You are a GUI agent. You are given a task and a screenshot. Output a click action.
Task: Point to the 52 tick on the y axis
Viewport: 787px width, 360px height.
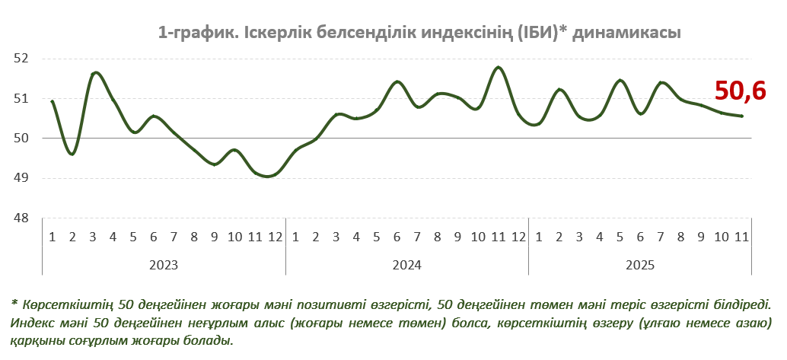click(21, 58)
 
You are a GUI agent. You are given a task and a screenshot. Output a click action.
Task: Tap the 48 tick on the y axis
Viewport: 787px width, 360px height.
click(21, 218)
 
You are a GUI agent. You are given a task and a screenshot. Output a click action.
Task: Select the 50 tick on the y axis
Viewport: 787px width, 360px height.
click(21, 139)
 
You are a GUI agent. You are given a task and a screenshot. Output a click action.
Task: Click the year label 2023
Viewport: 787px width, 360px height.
click(164, 265)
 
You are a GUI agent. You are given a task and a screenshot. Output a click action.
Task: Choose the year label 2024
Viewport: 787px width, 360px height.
click(407, 265)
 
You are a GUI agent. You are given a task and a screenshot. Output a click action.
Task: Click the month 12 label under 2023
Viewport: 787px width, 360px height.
click(275, 237)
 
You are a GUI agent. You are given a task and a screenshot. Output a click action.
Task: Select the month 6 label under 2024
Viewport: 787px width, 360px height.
click(397, 237)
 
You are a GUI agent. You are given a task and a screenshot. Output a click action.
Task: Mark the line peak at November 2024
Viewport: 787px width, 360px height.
click(499, 68)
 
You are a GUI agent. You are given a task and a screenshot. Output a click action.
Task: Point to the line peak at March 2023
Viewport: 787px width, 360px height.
click(95, 72)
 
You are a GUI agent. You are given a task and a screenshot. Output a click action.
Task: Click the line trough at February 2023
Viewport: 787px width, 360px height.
click(72, 155)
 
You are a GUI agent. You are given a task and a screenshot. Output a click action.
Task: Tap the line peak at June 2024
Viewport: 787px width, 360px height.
click(397, 81)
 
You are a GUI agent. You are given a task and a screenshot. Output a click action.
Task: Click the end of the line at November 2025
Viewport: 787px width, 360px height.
click(742, 116)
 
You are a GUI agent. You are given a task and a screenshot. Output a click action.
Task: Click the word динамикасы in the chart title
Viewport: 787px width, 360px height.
click(626, 33)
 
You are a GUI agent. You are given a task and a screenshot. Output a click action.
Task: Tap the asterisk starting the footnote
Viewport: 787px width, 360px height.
click(14, 303)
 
